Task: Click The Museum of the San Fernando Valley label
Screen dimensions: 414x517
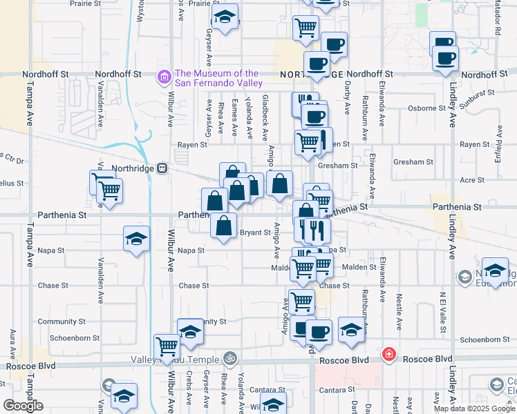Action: [x=218, y=78]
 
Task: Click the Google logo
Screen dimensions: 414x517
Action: [x=23, y=406]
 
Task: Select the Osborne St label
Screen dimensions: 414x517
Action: [x=426, y=108]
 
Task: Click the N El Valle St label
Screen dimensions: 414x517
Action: [x=441, y=311]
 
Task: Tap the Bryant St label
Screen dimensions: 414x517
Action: [x=254, y=233]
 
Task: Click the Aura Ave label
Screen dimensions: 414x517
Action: [x=13, y=344]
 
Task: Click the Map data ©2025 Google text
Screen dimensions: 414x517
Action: [x=475, y=408]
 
